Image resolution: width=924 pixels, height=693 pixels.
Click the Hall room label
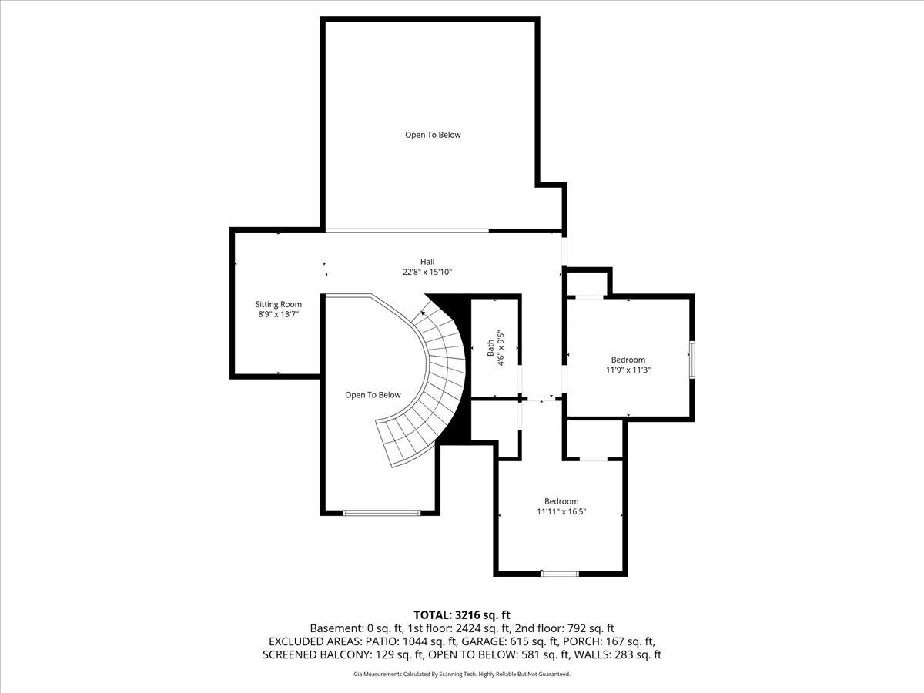coord(427,262)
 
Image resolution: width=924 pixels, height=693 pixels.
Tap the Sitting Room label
coord(278,304)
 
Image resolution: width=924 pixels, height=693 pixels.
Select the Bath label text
coord(490,347)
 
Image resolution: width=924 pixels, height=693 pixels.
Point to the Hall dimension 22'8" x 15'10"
coord(427,273)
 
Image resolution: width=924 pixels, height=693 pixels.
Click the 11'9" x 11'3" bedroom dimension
coord(628,370)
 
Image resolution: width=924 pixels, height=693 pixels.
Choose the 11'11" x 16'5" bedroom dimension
coord(561,511)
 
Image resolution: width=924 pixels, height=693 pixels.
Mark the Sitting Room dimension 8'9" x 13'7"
coord(278,314)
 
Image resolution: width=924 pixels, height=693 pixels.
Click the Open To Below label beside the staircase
coord(373,395)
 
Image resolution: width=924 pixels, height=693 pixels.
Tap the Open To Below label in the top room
coord(433,135)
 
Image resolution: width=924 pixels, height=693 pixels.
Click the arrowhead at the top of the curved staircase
coord(423,313)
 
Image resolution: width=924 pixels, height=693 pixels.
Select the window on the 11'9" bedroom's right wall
coord(691,360)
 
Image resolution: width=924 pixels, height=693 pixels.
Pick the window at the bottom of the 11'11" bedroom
coord(560,574)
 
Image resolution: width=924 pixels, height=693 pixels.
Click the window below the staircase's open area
coord(382,513)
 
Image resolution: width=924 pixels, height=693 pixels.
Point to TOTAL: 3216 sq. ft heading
coord(462,615)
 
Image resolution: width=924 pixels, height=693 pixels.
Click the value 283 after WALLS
coord(624,654)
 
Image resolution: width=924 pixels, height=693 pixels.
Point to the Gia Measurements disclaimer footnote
coord(462,674)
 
